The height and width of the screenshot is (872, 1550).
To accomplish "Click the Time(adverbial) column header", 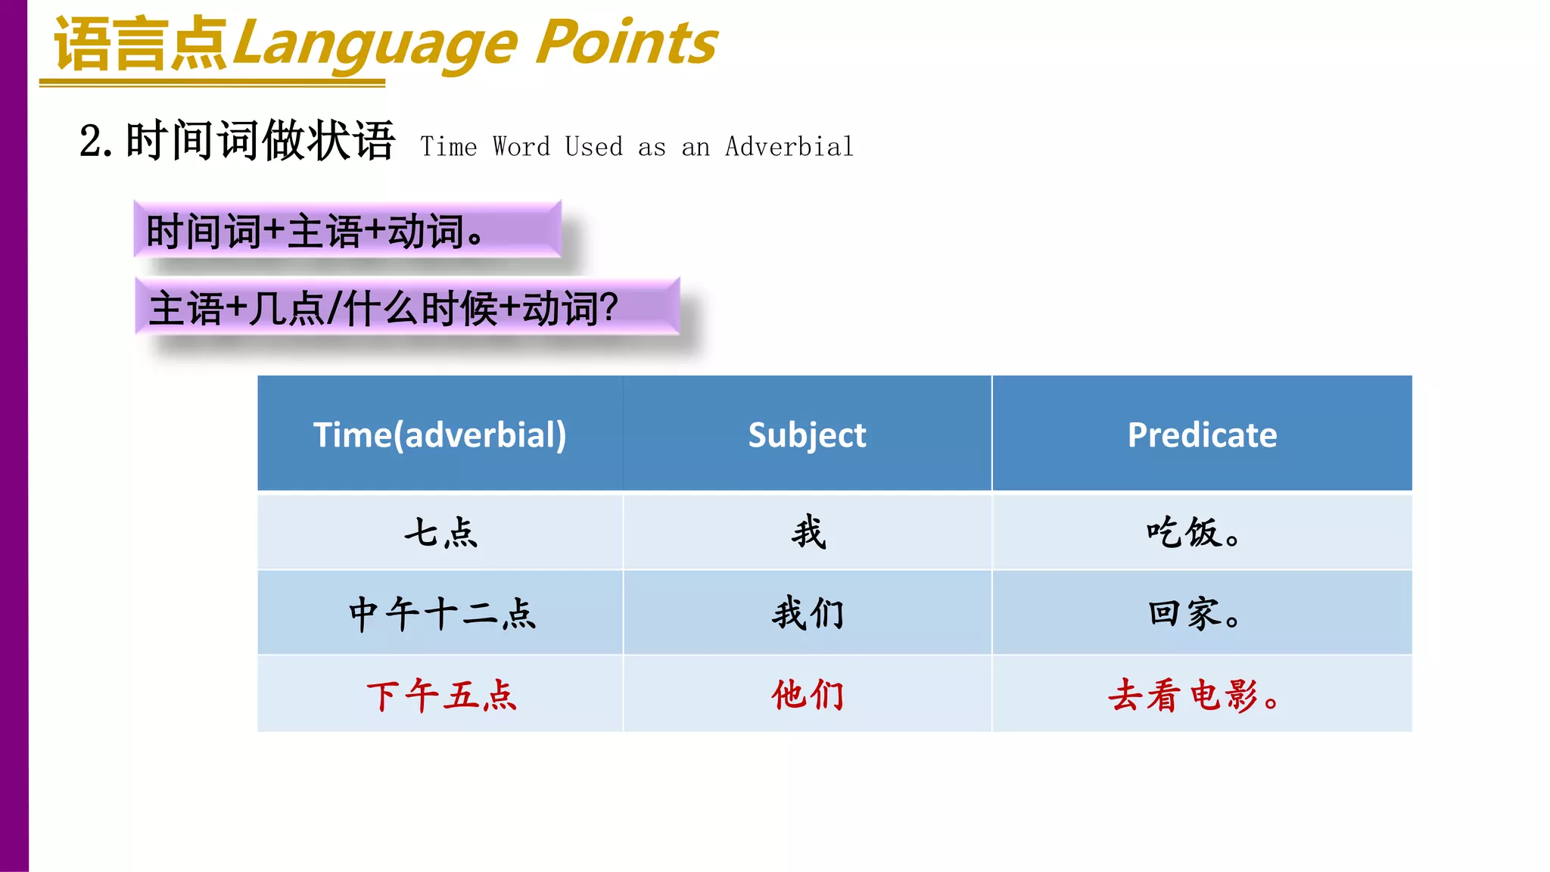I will point(440,434).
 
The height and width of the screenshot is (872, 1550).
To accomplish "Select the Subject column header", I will point(807,434).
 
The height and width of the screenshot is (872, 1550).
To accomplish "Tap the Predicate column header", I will point(1202,434).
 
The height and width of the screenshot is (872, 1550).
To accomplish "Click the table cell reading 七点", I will point(440,532).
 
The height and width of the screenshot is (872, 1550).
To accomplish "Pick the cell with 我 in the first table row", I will point(808,532).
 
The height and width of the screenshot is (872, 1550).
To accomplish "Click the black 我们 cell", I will point(808,613).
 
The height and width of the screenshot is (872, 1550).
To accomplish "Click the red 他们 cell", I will point(808,695).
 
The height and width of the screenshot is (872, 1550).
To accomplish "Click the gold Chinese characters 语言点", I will point(141,44).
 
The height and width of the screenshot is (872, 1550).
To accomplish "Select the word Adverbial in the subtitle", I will point(789,146).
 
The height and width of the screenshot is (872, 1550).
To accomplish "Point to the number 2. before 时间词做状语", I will point(96,142).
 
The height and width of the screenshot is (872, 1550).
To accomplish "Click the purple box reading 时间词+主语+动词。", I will point(347,229).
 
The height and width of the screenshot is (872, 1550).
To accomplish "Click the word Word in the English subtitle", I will point(521,146).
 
